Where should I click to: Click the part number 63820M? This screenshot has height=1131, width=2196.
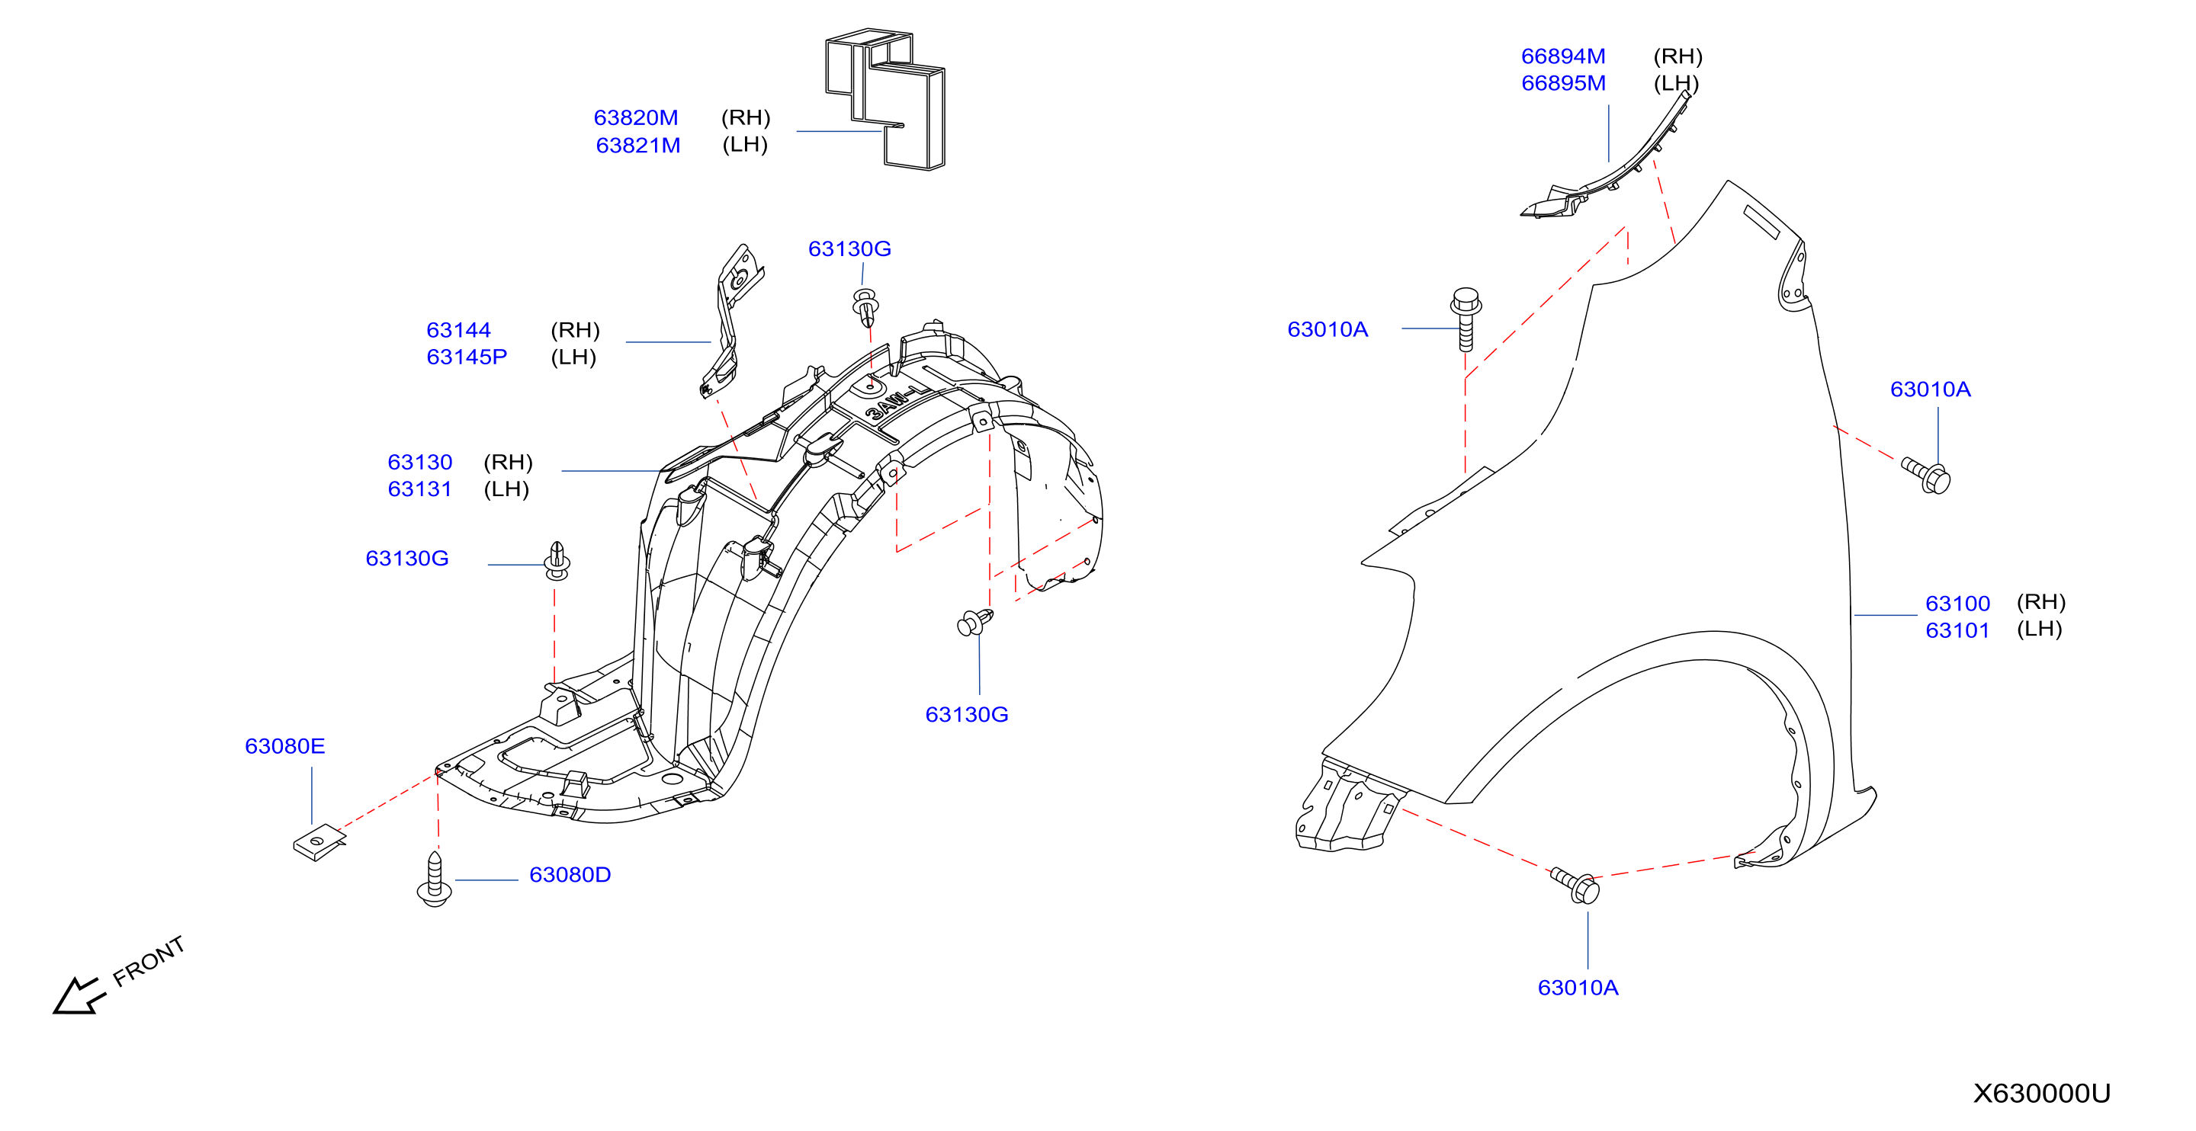coord(636,117)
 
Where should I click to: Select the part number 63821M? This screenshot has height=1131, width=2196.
coord(637,145)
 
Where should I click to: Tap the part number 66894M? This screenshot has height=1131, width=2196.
coord(1563,56)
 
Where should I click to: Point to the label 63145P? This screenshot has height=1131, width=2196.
coord(467,357)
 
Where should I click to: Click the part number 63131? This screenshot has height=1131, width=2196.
coord(419,489)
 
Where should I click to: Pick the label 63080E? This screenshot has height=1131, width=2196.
coord(284,747)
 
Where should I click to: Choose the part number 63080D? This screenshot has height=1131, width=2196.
coord(570,876)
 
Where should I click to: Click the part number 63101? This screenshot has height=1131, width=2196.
coord(1957,631)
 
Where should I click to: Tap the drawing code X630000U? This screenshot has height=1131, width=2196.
coord(2042,1094)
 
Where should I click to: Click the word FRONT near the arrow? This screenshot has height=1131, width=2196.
coord(149,961)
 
